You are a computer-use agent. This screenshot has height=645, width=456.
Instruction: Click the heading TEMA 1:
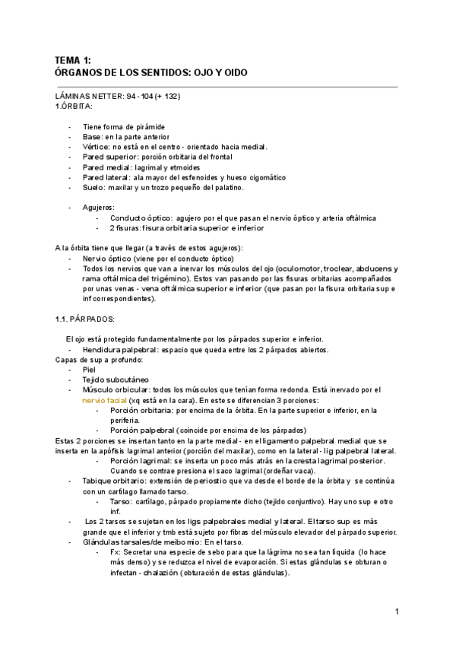[74, 60]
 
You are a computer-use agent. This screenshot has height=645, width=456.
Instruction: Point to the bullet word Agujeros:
[99, 208]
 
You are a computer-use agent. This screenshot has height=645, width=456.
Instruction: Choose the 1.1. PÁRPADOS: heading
[84, 319]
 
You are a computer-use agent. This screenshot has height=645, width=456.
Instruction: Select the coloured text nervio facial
[106, 400]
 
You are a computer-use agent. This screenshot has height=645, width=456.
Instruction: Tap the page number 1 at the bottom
[397, 612]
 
